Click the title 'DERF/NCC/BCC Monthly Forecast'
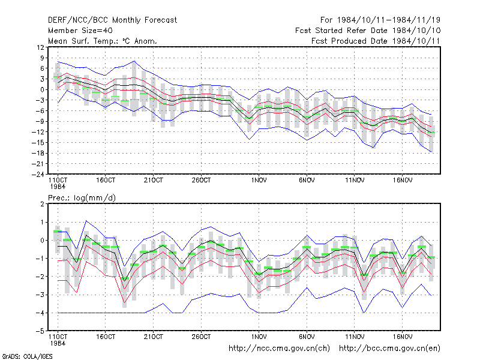112,20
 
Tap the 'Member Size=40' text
80,31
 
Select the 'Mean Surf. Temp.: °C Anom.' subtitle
102,41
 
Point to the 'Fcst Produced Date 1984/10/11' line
376,41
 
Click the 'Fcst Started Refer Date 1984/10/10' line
368,31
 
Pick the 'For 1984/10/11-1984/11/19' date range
380,20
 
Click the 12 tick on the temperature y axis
40,47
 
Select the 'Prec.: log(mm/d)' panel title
82,198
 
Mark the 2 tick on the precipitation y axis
42,204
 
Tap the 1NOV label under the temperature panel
259,181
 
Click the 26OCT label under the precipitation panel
201,337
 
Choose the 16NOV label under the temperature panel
402,181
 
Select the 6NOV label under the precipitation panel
307,337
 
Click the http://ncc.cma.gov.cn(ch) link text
279,349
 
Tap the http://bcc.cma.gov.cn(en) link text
389,349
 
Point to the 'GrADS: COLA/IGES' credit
27,356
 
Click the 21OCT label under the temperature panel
154,181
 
